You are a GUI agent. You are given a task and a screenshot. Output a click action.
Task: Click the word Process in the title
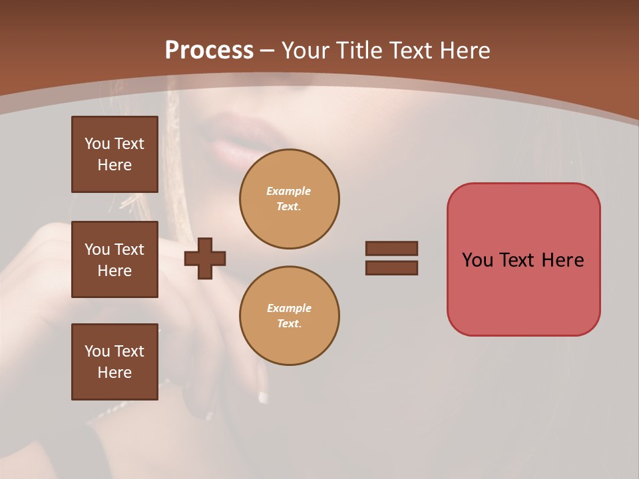(209, 50)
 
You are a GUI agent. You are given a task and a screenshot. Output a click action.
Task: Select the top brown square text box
(114, 154)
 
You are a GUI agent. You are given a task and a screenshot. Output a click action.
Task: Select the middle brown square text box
(114, 259)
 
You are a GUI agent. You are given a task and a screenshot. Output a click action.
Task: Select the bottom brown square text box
(114, 362)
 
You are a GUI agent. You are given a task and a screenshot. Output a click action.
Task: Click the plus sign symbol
(205, 258)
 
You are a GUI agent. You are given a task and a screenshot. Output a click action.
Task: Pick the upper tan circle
(289, 199)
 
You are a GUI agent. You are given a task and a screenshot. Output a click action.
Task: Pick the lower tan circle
(289, 315)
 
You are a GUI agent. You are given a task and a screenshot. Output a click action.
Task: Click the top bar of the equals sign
(391, 248)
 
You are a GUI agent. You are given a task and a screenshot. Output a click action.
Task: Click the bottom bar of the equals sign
(391, 267)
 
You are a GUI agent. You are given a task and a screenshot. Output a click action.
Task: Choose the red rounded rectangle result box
(523, 259)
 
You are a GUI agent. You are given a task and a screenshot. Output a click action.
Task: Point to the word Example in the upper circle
(288, 191)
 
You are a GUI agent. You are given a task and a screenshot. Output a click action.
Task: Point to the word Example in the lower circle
(289, 308)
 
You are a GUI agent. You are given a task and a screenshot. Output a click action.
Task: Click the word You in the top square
(97, 144)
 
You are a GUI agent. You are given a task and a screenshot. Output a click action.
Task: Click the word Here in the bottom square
(114, 373)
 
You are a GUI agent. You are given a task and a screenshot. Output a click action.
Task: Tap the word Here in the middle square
(114, 271)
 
